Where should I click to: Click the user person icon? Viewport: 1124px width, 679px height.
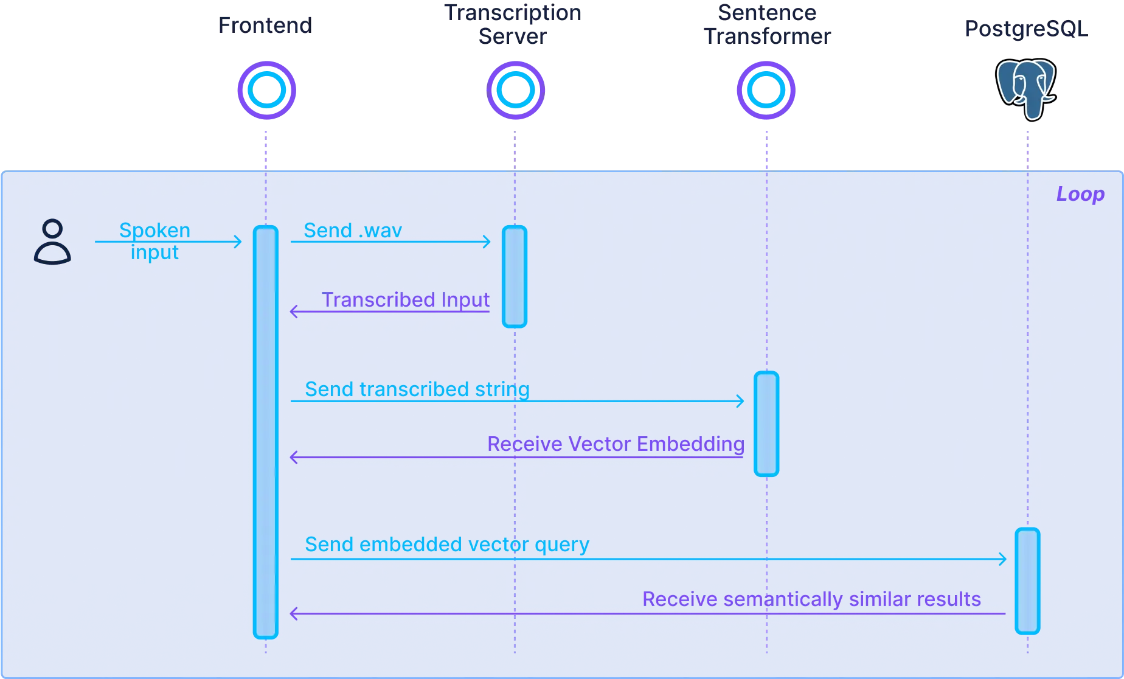52,242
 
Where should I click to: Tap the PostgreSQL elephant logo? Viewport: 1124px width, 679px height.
1025,89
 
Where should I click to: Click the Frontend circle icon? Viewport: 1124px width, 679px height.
266,90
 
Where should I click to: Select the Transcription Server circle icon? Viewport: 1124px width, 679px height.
515,90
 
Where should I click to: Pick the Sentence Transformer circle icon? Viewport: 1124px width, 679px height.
766,90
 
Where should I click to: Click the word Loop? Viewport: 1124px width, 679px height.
1080,194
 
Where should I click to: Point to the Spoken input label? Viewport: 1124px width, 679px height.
155,241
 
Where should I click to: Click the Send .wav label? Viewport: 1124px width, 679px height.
353,231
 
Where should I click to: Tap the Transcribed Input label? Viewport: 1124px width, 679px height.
405,300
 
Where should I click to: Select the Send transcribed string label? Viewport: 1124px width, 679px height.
417,389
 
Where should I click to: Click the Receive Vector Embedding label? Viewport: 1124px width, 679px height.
616,444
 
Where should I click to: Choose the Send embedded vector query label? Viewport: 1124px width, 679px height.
447,545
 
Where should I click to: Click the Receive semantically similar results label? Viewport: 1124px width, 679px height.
811,599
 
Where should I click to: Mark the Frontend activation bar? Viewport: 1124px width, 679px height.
266,432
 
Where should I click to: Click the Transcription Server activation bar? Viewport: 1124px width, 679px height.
515,277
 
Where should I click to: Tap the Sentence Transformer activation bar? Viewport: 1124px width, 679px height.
766,423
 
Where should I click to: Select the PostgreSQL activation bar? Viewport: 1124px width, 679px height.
1027,581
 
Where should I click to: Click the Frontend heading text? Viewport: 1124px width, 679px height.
265,25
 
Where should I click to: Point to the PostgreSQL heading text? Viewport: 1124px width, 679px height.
1026,29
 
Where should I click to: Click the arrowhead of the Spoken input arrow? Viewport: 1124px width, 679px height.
239,242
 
